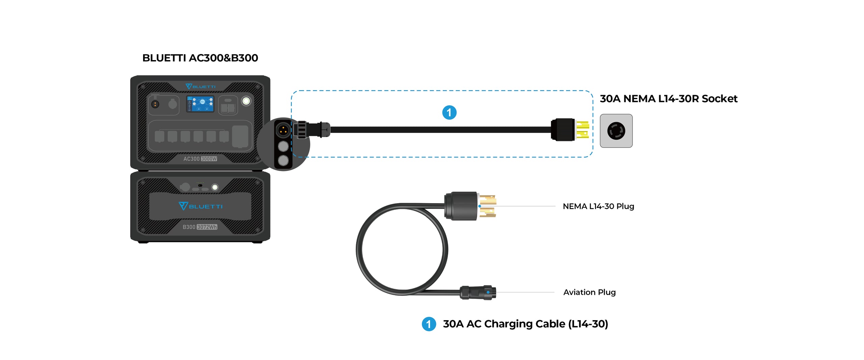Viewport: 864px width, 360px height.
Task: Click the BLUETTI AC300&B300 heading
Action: (x=200, y=58)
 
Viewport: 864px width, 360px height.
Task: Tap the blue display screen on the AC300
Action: (x=200, y=104)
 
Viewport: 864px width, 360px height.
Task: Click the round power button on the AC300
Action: (x=246, y=101)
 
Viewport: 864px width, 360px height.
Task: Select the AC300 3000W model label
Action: (x=200, y=159)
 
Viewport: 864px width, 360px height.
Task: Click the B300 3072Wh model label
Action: (x=200, y=227)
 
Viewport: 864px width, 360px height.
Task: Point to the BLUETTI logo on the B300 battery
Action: (x=200, y=206)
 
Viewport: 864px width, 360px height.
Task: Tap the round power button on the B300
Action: (x=215, y=187)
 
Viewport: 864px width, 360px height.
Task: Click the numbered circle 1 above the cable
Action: (x=449, y=113)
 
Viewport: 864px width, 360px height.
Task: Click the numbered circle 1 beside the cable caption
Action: (x=429, y=324)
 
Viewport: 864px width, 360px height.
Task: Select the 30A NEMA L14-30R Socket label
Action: (x=668, y=99)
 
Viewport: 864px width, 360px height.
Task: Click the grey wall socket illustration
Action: (x=616, y=131)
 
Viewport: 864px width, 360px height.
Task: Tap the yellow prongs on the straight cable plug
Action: (x=583, y=130)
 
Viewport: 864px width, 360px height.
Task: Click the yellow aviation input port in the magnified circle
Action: (x=283, y=130)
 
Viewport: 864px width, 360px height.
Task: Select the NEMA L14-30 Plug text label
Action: (x=598, y=206)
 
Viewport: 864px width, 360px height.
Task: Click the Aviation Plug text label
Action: (x=589, y=292)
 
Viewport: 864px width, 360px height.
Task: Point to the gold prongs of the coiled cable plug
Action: (x=487, y=205)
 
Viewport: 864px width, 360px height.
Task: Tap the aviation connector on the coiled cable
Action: (x=478, y=292)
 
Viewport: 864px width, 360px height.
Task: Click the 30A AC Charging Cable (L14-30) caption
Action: (x=525, y=324)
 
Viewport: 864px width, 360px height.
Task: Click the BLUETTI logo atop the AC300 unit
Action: (x=200, y=87)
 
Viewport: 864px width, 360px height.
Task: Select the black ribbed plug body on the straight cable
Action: (x=563, y=130)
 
